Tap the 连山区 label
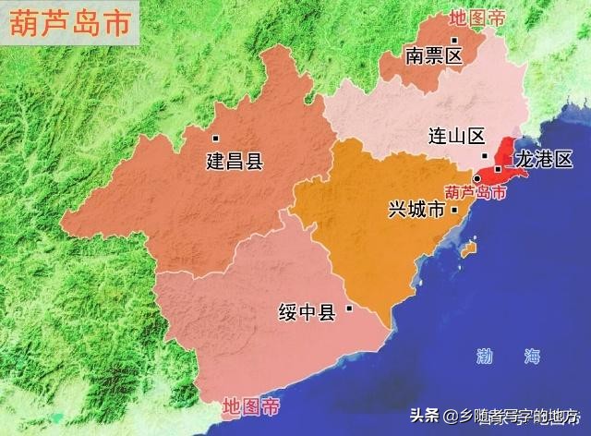click(456, 136)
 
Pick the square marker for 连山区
click(484, 157)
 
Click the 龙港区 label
click(544, 159)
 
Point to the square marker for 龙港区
click(498, 169)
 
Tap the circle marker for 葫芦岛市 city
click(476, 178)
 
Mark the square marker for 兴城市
click(454, 211)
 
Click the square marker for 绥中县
click(349, 309)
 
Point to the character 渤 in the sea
click(484, 356)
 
